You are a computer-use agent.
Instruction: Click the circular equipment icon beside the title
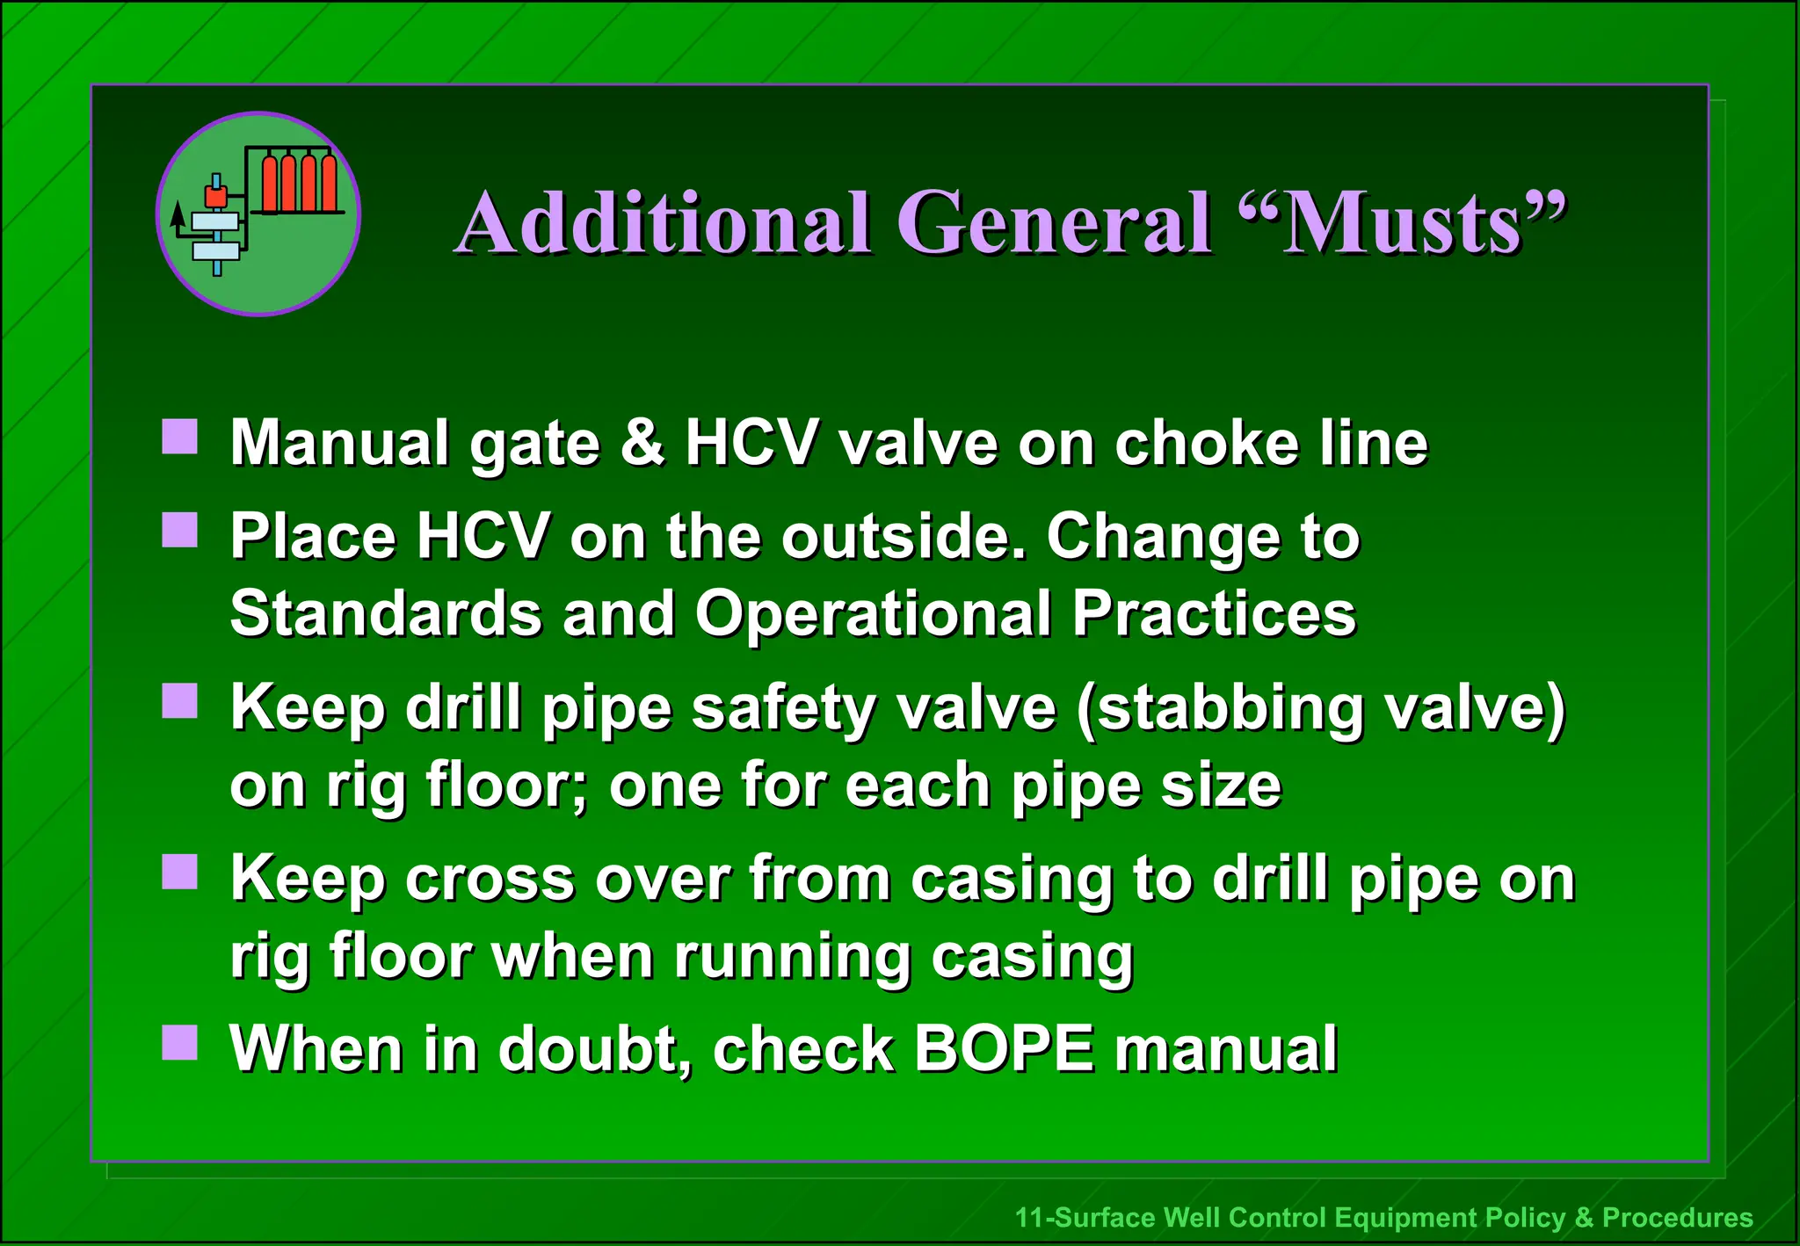click(x=258, y=214)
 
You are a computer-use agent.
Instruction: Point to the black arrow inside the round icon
click(x=178, y=215)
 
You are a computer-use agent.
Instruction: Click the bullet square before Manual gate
click(x=180, y=437)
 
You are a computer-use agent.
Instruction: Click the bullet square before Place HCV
click(x=180, y=530)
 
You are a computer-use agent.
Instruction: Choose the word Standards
click(x=386, y=613)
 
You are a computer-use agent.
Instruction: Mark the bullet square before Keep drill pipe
click(x=180, y=701)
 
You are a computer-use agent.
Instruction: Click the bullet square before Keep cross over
click(x=180, y=873)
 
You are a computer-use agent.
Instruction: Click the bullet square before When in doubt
click(x=180, y=1043)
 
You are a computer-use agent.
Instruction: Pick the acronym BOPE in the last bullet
click(x=1004, y=1048)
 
